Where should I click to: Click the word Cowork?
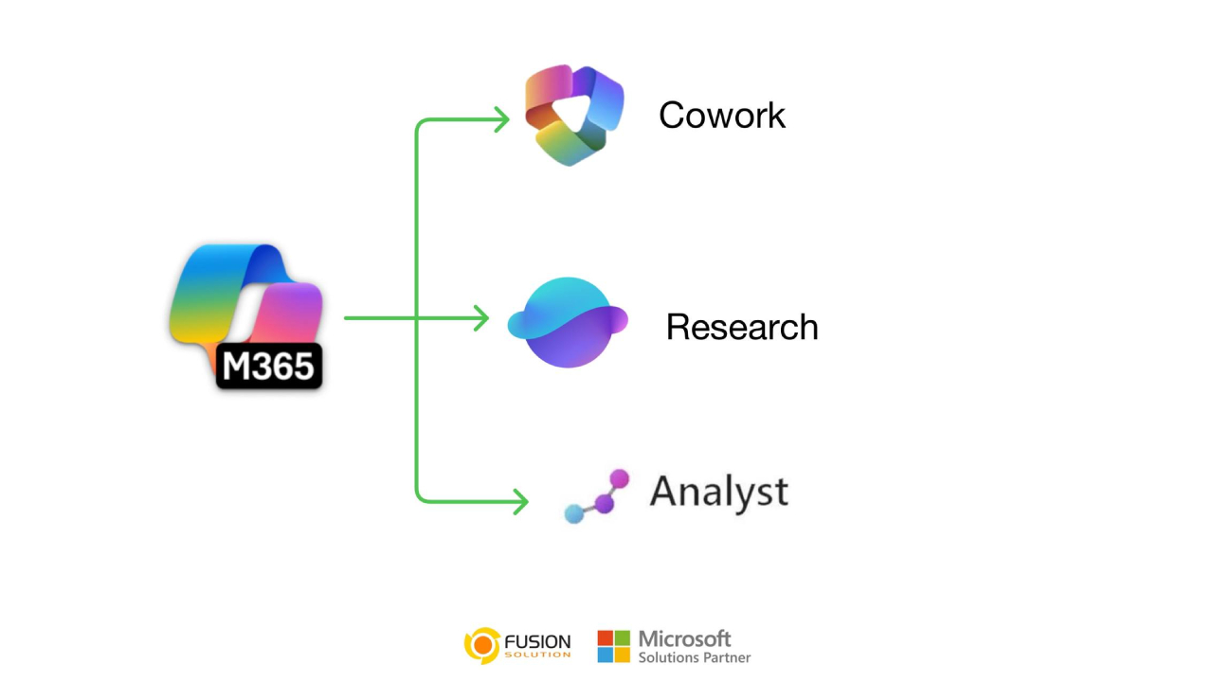(722, 116)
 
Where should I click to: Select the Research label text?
(742, 327)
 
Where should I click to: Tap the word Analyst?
(718, 492)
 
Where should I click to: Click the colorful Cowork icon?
(572, 115)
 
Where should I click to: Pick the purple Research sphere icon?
(569, 322)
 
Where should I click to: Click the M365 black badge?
(269, 367)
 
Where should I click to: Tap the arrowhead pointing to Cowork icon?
(501, 118)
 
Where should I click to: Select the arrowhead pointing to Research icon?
(480, 318)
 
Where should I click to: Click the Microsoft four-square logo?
(613, 646)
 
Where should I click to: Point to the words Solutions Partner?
(695, 657)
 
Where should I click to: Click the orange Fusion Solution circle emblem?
(481, 645)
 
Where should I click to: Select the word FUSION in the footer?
(537, 641)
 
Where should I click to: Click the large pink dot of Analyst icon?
(620, 477)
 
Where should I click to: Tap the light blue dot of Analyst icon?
(573, 514)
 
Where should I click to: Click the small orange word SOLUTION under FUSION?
(537, 655)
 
